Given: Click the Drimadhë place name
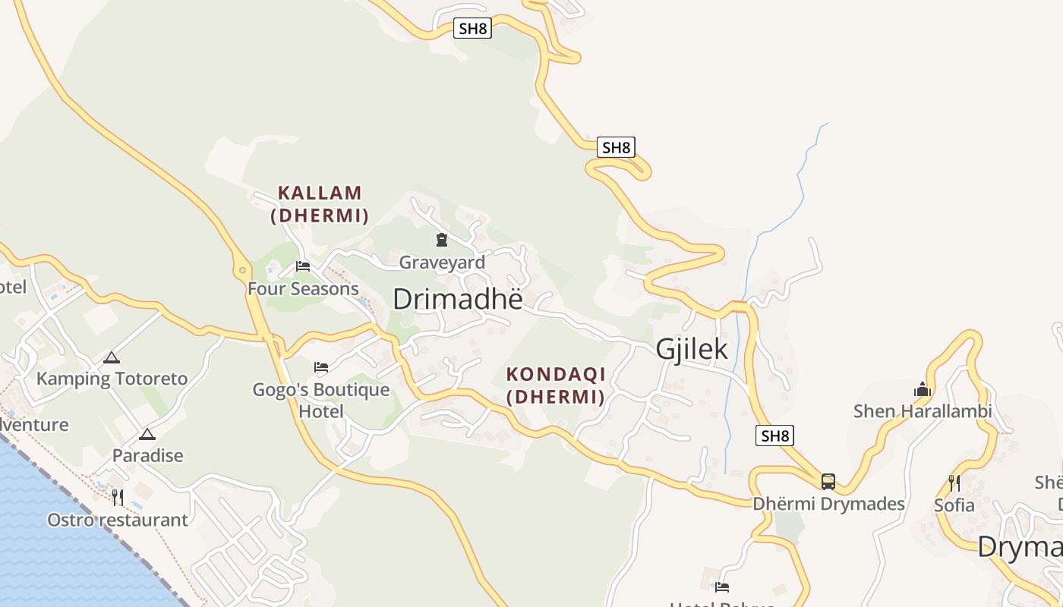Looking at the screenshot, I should [458, 299].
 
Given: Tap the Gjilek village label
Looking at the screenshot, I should [691, 349].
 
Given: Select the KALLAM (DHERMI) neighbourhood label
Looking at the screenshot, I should [320, 204].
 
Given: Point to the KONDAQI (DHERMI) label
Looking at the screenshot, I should [555, 385].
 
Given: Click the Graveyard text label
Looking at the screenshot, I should [442, 263].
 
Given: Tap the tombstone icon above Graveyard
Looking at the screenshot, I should [441, 240].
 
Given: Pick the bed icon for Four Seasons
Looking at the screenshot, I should [303, 266].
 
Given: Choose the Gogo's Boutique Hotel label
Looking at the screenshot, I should [321, 401].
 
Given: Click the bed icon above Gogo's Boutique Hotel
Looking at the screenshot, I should [321, 367].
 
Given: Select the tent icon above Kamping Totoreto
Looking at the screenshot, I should [112, 357].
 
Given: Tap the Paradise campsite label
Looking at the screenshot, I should [148, 456].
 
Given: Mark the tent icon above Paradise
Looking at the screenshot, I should [147, 434].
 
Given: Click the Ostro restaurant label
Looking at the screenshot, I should [118, 521].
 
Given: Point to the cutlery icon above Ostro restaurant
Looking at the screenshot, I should [118, 498].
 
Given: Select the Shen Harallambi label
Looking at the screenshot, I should [923, 411].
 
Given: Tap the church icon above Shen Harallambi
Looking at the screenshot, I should [923, 390].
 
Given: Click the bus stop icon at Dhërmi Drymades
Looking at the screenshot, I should [828, 481].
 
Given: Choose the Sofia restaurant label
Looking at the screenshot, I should [954, 505].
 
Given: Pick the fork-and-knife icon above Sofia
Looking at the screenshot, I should [954, 483].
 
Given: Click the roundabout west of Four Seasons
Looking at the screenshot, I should [242, 269].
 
